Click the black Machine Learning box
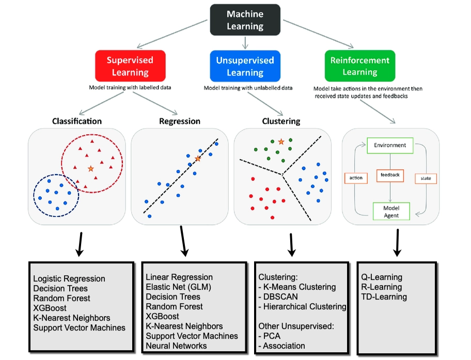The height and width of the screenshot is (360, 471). point(245,21)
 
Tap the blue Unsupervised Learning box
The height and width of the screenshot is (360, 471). point(245,66)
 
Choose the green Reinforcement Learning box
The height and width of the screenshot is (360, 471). point(359,66)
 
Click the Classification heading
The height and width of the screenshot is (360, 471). point(77,121)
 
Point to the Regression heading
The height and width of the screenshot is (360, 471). point(179,121)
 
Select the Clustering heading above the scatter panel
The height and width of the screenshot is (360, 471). point(281,121)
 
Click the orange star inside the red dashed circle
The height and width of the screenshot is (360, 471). point(91,168)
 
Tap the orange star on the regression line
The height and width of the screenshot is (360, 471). point(197,159)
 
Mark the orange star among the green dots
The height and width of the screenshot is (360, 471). point(281,141)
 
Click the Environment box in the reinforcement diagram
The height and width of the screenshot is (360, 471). point(390,145)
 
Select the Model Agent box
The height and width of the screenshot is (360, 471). point(391,211)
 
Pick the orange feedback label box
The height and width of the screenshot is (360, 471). point(390,175)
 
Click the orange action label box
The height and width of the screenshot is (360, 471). point(356,178)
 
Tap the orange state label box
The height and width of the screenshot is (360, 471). point(426,178)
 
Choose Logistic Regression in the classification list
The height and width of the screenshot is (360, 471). point(69,279)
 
